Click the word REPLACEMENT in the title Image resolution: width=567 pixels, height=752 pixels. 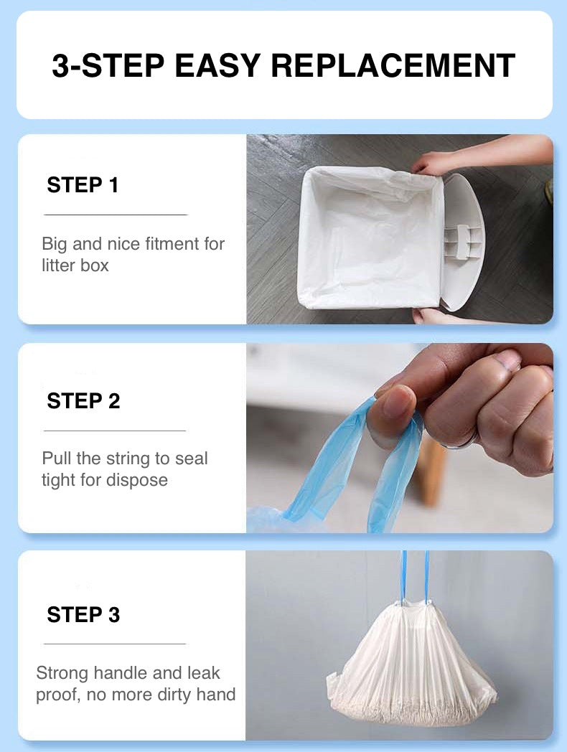pyautogui.click(x=393, y=65)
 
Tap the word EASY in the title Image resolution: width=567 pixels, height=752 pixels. pyautogui.click(x=217, y=65)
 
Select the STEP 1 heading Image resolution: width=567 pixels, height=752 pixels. pyautogui.click(x=83, y=185)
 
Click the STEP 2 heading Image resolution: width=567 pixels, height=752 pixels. pyautogui.click(x=83, y=401)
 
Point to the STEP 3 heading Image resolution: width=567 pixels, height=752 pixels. pyautogui.click(x=83, y=615)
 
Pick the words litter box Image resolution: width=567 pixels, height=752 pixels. pyautogui.click(x=75, y=265)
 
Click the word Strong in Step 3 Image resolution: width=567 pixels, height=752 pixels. pyautogui.click(x=62, y=673)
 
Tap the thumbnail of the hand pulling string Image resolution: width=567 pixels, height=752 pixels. pyautogui.click(x=400, y=438)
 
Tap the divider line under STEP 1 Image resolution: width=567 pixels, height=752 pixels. pyautogui.click(x=115, y=215)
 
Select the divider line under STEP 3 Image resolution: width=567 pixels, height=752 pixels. pyautogui.click(x=115, y=644)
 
